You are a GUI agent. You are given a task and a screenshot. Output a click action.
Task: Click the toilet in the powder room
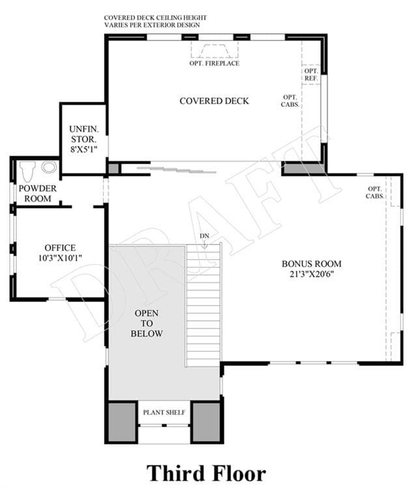click(27, 171)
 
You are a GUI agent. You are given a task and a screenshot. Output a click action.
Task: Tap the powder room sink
click(49, 167)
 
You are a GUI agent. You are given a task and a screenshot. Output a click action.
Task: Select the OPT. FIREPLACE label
click(214, 63)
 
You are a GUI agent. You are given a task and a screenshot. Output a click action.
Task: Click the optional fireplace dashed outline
click(215, 50)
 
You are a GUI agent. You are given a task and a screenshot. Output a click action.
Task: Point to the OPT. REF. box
click(311, 75)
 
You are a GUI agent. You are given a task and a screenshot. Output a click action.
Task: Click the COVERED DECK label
click(214, 101)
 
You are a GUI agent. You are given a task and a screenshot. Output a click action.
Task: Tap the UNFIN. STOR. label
click(83, 134)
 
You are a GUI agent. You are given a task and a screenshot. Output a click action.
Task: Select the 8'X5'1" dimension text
click(83, 149)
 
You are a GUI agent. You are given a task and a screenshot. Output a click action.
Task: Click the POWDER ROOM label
click(38, 194)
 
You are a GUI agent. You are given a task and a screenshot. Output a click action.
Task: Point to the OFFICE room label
click(60, 248)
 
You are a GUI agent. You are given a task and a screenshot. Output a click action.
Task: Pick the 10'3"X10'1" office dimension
click(60, 258)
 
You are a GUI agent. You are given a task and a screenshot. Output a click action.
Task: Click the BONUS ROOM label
click(311, 264)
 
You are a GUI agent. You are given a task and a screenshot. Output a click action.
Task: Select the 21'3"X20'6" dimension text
click(311, 274)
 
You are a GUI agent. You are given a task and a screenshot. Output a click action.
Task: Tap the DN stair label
click(205, 237)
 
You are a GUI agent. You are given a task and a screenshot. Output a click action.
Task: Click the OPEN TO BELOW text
click(147, 323)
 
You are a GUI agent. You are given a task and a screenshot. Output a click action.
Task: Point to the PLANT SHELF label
click(164, 412)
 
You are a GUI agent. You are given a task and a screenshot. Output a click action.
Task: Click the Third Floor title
click(206, 474)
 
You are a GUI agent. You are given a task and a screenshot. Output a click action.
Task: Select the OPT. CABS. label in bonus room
click(375, 192)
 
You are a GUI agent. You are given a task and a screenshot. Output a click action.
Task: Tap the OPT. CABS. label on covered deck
click(290, 101)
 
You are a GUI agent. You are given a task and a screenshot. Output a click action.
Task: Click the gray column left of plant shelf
click(122, 422)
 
